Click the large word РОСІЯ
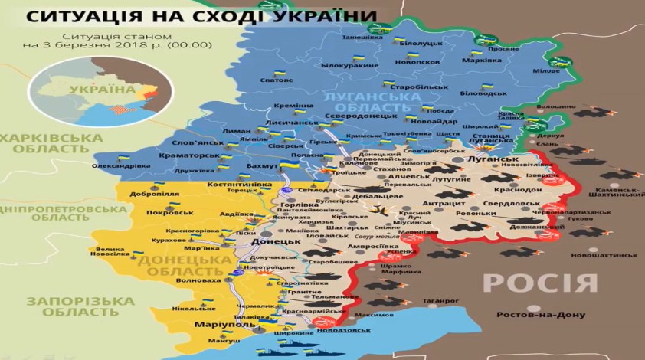[x=539, y=282]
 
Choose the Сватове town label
[x=277, y=80]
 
